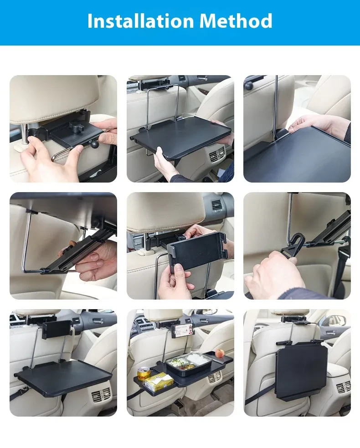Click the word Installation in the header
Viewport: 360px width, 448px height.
coord(140,21)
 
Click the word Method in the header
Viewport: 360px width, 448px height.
coord(236,21)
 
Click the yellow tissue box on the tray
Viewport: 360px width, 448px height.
coord(159,381)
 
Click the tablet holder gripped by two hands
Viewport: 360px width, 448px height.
coord(197,250)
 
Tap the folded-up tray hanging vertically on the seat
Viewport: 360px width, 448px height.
coord(301,371)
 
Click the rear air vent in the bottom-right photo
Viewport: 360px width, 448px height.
coord(342,387)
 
